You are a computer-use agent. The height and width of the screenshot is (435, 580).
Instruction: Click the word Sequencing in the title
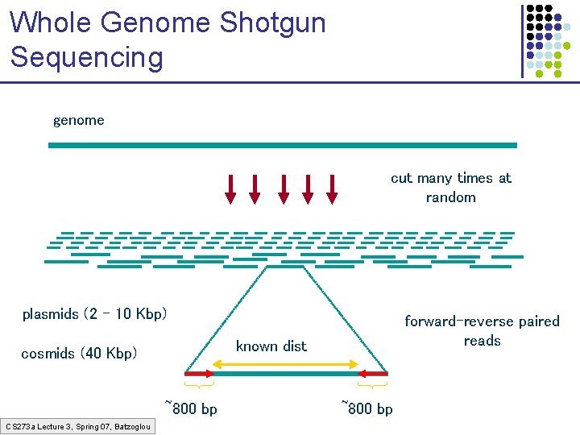point(86,57)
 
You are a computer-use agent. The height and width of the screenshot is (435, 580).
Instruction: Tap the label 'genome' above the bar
point(79,121)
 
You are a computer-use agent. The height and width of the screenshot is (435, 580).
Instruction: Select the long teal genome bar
point(282,145)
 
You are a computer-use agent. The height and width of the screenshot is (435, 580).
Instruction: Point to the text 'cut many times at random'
point(451,188)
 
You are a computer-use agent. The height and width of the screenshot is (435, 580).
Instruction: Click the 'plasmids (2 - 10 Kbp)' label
point(95,313)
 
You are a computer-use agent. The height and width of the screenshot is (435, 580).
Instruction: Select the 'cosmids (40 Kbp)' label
point(80,354)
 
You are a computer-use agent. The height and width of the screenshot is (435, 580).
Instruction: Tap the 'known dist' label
point(271,346)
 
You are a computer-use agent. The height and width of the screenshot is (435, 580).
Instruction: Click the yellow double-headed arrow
point(286,364)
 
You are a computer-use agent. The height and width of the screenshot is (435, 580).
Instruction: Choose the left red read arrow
point(199,374)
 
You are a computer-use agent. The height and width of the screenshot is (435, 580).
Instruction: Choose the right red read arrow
point(373,374)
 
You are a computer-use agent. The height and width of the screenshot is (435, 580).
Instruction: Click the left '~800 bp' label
point(191,408)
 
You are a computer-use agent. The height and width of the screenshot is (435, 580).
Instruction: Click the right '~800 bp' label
point(367,408)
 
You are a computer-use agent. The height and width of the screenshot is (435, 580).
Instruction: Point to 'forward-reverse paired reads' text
point(482,331)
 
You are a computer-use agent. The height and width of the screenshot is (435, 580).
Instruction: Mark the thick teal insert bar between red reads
point(286,374)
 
